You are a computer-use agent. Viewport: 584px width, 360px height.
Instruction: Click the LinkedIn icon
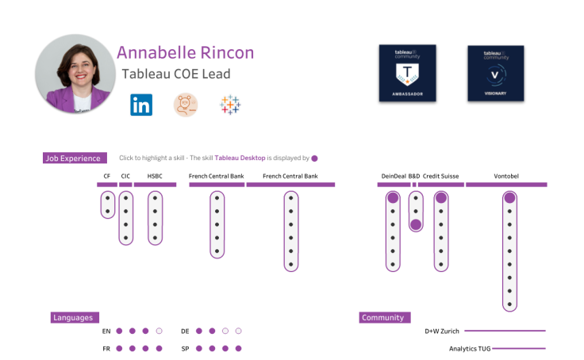(x=141, y=105)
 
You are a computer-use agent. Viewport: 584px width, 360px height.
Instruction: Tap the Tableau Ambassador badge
(x=407, y=73)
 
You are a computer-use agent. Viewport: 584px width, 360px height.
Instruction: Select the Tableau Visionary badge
(x=495, y=73)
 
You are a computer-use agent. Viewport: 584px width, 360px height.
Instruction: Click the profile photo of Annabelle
(x=75, y=73)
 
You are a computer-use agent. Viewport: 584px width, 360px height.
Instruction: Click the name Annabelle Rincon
(x=185, y=53)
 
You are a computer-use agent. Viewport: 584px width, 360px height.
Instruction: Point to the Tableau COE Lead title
(x=175, y=75)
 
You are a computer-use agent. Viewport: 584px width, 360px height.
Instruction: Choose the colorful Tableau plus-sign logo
(x=230, y=105)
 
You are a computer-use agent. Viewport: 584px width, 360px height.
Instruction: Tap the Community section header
(x=383, y=318)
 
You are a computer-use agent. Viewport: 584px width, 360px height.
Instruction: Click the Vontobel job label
(x=506, y=176)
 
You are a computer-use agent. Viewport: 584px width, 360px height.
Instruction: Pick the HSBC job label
(x=155, y=176)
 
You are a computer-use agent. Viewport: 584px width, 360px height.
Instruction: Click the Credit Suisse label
(x=441, y=176)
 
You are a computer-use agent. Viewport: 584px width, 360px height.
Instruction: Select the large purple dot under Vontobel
(x=509, y=197)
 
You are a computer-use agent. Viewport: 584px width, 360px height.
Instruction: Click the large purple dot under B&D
(x=416, y=224)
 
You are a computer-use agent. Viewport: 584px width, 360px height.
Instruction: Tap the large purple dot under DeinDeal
(x=392, y=197)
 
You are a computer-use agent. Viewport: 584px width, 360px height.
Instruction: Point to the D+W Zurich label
(x=441, y=331)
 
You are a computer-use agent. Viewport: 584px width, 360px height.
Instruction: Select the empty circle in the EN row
(x=159, y=331)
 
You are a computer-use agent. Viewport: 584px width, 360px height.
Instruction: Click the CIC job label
(x=125, y=176)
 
